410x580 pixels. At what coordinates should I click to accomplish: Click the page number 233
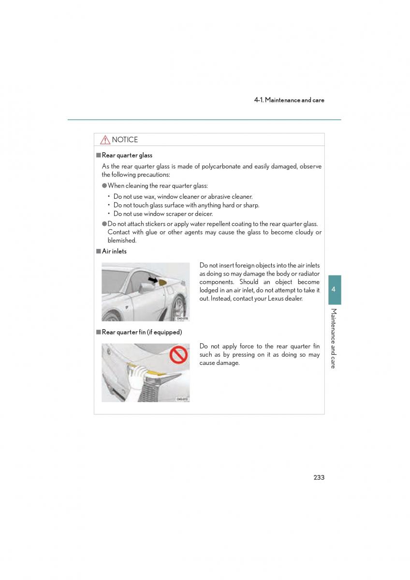coord(319,477)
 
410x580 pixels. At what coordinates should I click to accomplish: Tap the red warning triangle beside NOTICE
coord(105,140)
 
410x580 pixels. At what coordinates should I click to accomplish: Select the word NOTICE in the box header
coord(125,140)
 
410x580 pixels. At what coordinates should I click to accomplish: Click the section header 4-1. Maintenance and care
coord(289,100)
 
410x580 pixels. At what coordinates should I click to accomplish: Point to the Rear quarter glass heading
coord(127,155)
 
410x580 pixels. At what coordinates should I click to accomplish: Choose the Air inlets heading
coord(114,251)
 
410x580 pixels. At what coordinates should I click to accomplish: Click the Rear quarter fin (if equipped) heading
coord(142,332)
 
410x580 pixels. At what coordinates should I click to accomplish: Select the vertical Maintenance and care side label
coord(334,338)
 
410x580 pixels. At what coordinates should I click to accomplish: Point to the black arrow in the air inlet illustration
coord(153,279)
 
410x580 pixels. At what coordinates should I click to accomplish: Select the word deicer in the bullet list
coord(204,214)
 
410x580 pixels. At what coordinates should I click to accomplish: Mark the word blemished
coord(122,240)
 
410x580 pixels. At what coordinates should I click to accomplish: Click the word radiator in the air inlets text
coord(307,274)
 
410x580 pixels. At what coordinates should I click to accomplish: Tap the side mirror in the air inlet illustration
coord(145,289)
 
